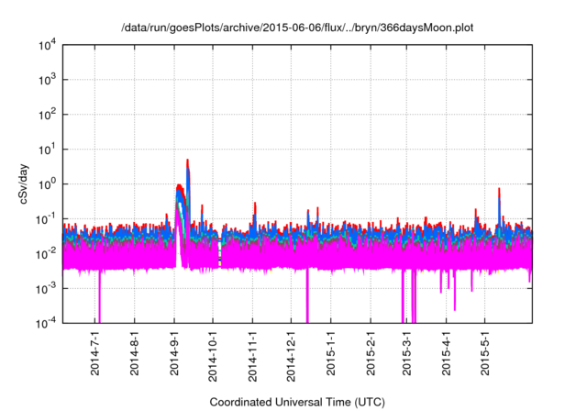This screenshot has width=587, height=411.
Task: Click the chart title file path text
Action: click(x=293, y=28)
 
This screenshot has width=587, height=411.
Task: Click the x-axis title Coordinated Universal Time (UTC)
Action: click(x=296, y=402)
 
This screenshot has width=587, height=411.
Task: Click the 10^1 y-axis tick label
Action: click(x=48, y=149)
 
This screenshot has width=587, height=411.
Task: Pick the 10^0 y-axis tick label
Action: click(x=48, y=183)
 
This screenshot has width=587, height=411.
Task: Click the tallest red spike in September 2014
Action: click(x=188, y=161)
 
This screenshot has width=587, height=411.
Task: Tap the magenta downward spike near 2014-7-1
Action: click(x=99, y=303)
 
